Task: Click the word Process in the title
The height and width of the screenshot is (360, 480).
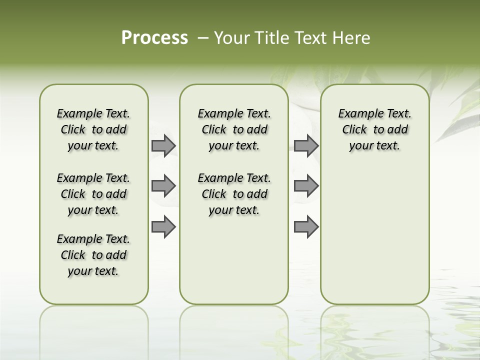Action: click(x=154, y=38)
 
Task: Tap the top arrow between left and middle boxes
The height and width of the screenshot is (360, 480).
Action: click(x=163, y=146)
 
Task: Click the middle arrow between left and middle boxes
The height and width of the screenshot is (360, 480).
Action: click(x=163, y=186)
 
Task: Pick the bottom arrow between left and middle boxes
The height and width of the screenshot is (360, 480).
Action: click(x=163, y=226)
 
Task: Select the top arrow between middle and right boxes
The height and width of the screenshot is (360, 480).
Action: click(x=306, y=146)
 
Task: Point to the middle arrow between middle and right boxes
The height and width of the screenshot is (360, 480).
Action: click(x=306, y=186)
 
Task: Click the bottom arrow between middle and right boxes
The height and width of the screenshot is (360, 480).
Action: click(x=306, y=226)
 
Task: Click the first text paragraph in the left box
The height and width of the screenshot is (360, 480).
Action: click(x=93, y=129)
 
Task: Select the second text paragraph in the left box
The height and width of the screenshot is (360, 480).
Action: click(x=93, y=194)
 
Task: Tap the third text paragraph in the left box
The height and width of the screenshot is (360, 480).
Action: click(x=93, y=255)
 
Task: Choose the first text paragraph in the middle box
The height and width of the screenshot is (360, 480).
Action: click(x=234, y=129)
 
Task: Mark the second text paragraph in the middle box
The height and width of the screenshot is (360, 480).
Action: click(x=234, y=194)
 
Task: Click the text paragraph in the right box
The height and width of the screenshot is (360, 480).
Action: click(x=374, y=129)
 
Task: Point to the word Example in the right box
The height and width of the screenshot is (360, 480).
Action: click(x=357, y=114)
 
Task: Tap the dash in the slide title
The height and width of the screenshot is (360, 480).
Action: click(x=203, y=38)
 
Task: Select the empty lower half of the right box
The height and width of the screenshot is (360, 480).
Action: click(x=374, y=235)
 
